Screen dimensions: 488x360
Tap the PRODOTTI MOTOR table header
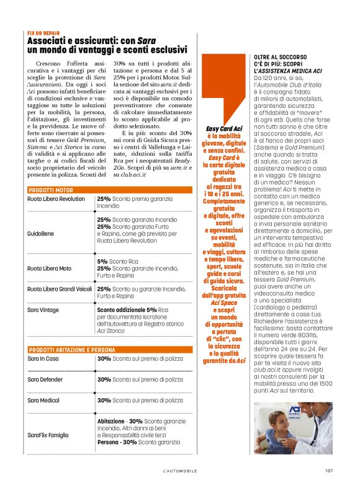point(51,189)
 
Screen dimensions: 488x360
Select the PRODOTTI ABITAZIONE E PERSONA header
point(72,350)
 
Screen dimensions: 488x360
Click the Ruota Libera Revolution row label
point(56,199)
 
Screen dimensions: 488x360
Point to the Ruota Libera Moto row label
point(49,268)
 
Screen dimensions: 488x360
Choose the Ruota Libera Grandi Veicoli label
point(60,289)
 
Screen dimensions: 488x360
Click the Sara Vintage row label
point(43,309)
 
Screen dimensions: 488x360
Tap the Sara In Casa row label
point(43,359)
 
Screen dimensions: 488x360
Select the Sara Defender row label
point(45,379)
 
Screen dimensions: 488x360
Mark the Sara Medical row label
point(43,401)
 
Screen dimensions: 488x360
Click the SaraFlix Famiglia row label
point(48,435)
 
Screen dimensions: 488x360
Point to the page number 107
point(329,471)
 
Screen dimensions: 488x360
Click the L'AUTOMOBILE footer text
point(180,471)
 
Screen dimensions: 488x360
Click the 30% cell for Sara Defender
point(104,379)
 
